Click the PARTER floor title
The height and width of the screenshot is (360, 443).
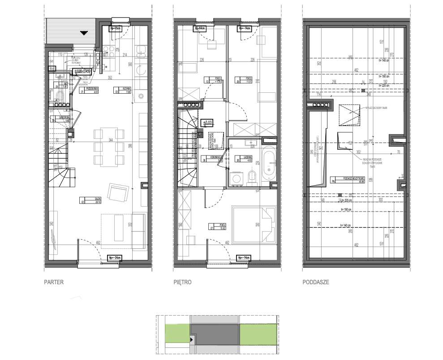click(x=53, y=282)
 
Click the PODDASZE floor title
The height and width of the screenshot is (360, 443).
click(x=316, y=282)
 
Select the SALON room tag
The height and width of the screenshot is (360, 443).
click(x=90, y=200)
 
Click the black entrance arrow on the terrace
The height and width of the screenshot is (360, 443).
click(x=84, y=32)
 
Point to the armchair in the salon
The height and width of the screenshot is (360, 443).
click(x=118, y=194)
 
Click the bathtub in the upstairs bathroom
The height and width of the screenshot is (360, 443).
click(x=269, y=165)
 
